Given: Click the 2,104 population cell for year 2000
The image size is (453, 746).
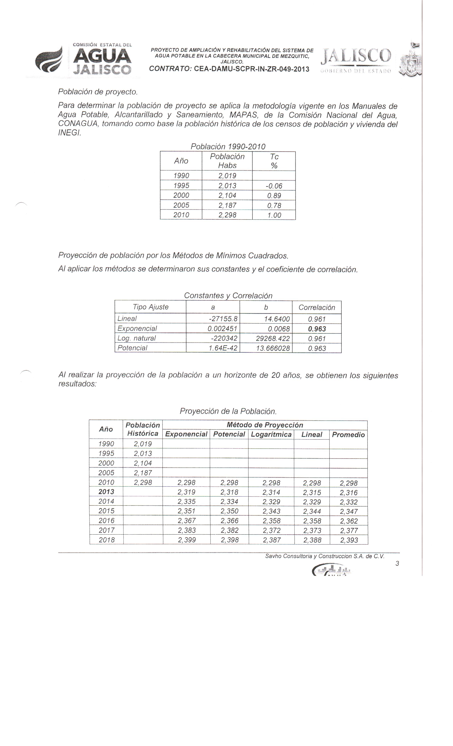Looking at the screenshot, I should tap(227, 195).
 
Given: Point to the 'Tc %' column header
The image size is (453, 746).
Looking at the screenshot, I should tap(274, 161).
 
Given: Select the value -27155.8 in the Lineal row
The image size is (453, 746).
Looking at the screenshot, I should tap(223, 319).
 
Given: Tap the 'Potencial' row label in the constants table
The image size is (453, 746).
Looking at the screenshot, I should tap(132, 348).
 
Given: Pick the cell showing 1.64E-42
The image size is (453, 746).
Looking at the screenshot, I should tap(223, 348).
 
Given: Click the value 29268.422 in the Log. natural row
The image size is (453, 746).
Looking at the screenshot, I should tap(273, 339).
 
